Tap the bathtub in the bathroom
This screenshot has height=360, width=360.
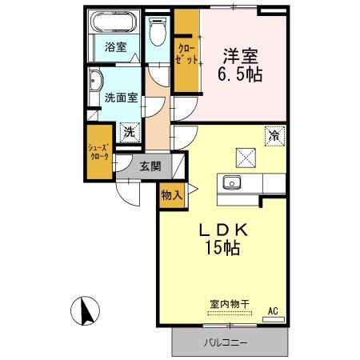(116, 24)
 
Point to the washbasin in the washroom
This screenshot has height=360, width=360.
(97, 81)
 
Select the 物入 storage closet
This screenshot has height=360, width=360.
(170, 195)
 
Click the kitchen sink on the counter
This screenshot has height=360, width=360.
(233, 182)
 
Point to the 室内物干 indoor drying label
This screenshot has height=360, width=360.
(230, 303)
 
